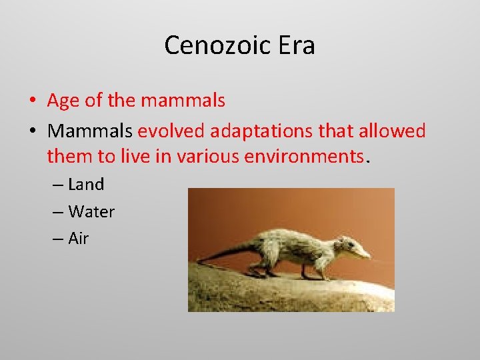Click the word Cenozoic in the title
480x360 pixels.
(x=213, y=46)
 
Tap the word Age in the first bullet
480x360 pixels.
(x=63, y=101)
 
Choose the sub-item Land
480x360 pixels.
(x=86, y=185)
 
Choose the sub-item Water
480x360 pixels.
(x=91, y=212)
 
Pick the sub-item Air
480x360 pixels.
(x=78, y=239)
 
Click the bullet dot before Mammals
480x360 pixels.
(x=32, y=131)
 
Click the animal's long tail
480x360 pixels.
(x=220, y=253)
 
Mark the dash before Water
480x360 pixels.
(x=57, y=213)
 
